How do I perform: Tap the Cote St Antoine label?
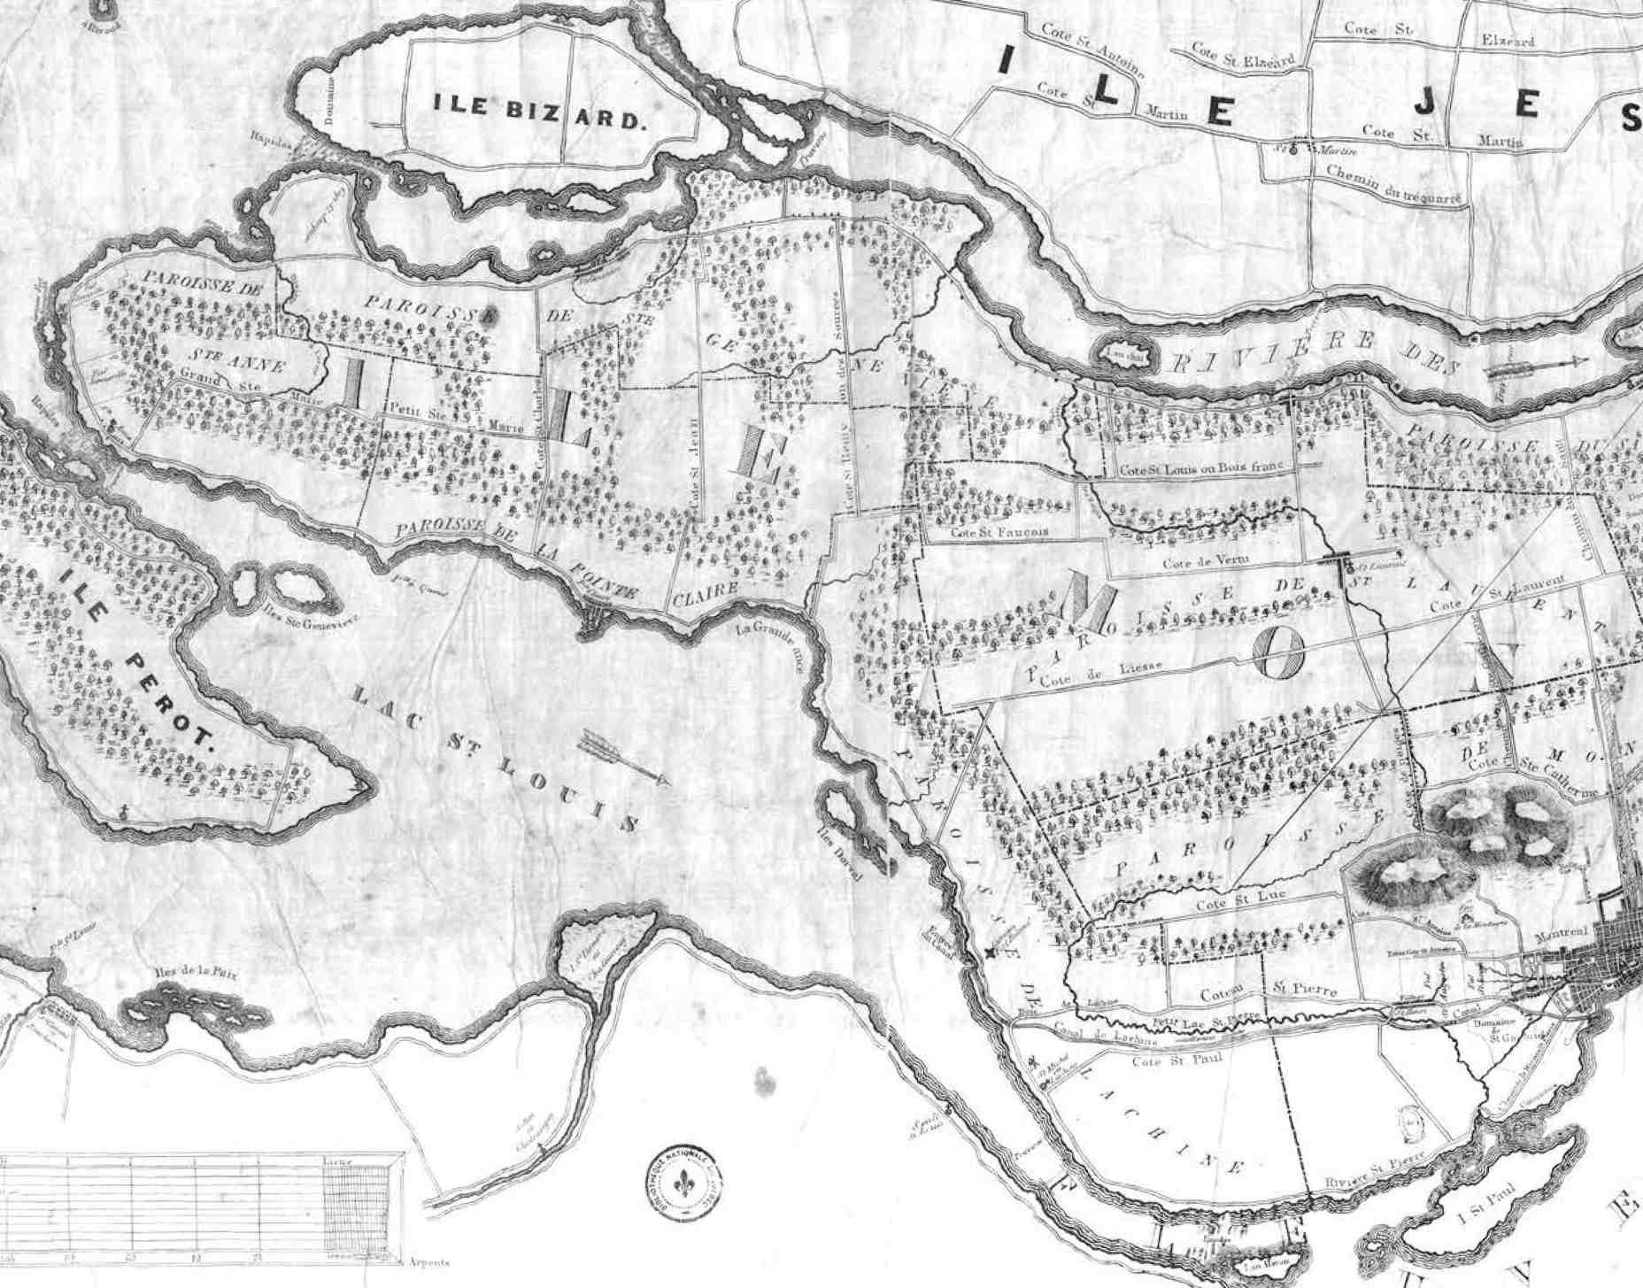click(1092, 50)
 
